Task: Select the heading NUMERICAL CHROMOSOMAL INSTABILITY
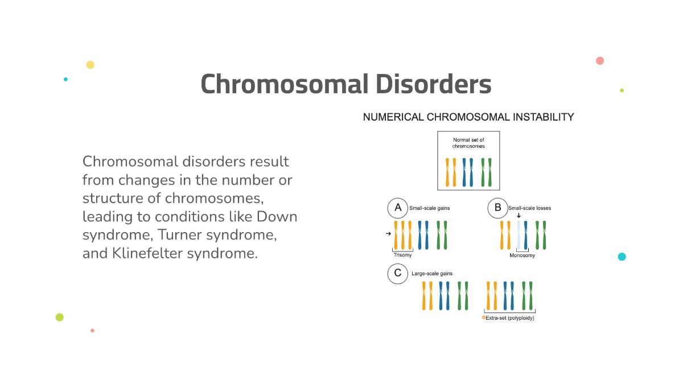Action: point(468,117)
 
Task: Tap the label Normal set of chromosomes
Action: point(468,143)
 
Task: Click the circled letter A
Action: point(398,208)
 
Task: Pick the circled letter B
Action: point(497,208)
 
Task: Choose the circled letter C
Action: point(398,274)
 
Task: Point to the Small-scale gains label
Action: point(430,208)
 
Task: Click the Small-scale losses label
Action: point(529,208)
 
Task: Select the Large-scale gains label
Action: point(432,274)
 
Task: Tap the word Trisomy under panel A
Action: point(402,255)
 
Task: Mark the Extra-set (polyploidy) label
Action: point(510,318)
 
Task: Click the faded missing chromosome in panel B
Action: point(519,235)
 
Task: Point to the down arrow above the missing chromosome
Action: point(519,216)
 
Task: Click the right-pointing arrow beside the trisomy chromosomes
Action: point(388,234)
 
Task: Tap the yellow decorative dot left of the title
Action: point(90,65)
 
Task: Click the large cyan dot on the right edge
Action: point(622,257)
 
